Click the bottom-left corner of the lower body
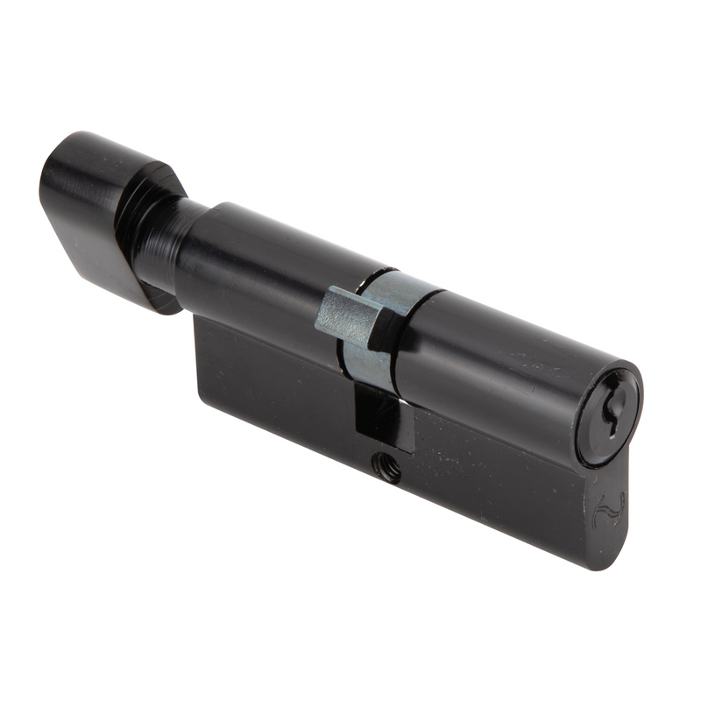point(203,399)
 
